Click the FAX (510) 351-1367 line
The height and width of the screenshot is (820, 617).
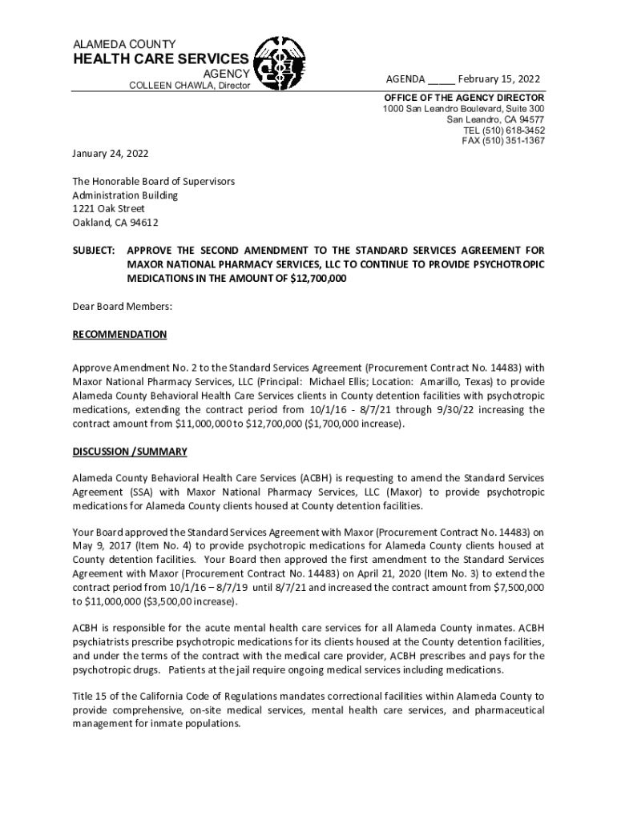click(503, 141)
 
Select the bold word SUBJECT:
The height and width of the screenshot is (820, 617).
click(95, 250)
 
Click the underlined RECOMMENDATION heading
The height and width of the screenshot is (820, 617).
click(119, 335)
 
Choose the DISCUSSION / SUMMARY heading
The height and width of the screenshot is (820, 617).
click(130, 452)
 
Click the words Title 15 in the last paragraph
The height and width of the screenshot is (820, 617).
click(91, 696)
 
